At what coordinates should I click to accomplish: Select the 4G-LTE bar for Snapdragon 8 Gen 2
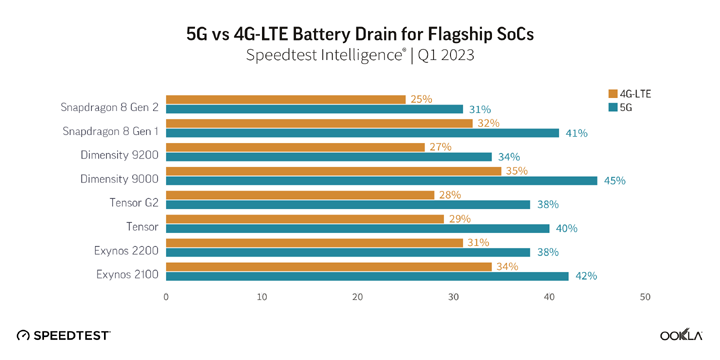pos(285,99)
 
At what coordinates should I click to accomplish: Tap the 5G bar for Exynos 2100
pos(367,276)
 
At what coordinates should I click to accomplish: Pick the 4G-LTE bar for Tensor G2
pos(299,194)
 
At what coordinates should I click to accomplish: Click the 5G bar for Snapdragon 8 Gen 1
pos(362,133)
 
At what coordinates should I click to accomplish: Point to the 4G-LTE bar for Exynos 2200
pos(314,242)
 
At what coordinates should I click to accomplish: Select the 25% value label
pos(420,99)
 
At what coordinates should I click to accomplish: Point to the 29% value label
pos(458,218)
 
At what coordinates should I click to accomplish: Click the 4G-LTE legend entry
pos(629,94)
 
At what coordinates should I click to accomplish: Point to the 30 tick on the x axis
pos(454,297)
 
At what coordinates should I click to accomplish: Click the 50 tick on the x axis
pos(645,297)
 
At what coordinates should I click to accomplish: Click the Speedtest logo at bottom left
pos(64,336)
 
